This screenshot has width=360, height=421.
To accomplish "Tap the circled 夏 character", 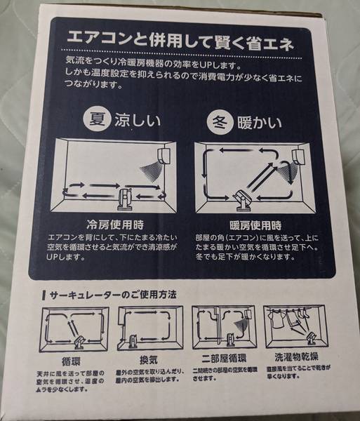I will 95,119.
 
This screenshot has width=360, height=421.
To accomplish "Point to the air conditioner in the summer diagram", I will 167,152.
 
